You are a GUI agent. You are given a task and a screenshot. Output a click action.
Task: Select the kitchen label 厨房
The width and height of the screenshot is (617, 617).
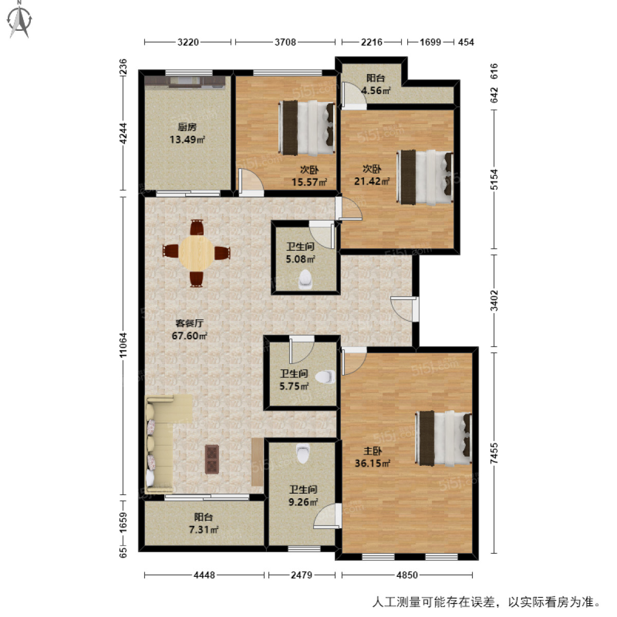(187, 127)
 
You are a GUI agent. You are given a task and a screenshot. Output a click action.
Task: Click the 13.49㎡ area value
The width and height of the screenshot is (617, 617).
(187, 140)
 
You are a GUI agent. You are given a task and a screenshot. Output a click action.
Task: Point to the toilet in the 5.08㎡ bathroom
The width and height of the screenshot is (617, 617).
(305, 279)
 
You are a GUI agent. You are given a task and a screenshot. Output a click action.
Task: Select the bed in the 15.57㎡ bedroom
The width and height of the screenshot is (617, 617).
(307, 128)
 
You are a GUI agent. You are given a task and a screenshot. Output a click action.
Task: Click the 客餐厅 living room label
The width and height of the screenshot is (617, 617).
(189, 323)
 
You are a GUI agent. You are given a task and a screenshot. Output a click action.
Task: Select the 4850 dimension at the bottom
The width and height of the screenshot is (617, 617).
(407, 575)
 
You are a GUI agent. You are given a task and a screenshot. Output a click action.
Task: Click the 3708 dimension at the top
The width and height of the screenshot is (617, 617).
(285, 42)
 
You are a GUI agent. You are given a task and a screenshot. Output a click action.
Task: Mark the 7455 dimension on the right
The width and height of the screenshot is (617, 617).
(494, 453)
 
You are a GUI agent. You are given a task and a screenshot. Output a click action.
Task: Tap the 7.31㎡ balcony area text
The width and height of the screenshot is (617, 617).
(204, 530)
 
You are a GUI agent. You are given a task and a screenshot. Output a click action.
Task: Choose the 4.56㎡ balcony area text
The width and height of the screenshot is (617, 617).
(375, 91)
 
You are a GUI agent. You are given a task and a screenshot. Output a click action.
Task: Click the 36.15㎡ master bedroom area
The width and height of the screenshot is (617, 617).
(372, 463)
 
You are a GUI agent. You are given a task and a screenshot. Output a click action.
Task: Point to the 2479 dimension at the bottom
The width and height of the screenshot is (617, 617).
(301, 575)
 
